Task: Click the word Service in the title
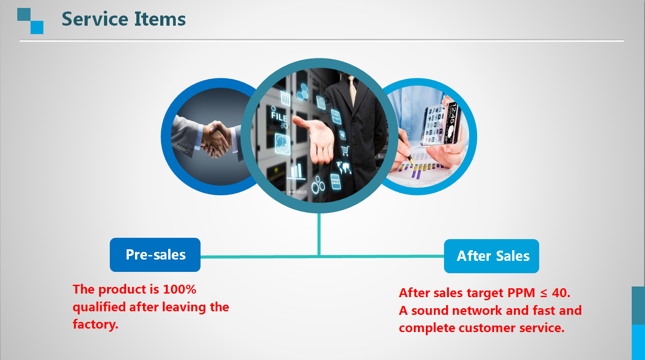pos(95,19)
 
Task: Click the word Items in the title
pos(160,19)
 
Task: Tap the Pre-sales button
pos(155,255)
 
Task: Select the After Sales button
pos(491,256)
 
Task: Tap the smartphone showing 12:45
pos(440,124)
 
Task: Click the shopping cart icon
pos(345,151)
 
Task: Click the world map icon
pos(344,168)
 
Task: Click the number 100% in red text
pos(180,289)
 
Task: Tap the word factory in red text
pos(95,324)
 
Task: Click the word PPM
pos(521,293)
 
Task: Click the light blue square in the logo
pos(37,27)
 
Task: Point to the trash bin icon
pos(285,98)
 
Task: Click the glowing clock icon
pos(282,143)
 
